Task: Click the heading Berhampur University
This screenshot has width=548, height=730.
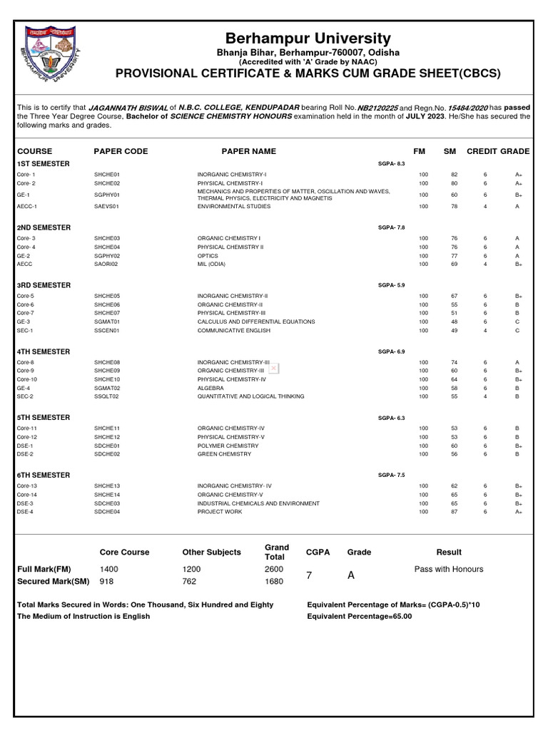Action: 308,38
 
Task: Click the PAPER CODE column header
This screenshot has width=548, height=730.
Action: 121,151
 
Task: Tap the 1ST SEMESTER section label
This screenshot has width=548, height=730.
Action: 44,163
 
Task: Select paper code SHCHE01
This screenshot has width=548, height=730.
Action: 107,174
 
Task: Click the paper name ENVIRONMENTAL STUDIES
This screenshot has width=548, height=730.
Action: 234,206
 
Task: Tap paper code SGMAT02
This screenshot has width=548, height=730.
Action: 107,389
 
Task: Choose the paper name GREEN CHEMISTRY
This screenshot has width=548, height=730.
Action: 224,454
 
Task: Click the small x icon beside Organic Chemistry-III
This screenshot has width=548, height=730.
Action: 273,368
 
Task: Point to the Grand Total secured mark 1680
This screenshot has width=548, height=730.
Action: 273,581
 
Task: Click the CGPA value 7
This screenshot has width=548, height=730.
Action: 309,575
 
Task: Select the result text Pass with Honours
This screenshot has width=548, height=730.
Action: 448,569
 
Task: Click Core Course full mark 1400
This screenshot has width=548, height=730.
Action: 111,569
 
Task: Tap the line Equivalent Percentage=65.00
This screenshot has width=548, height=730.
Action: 359,616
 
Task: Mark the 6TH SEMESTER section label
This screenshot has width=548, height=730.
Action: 44,475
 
